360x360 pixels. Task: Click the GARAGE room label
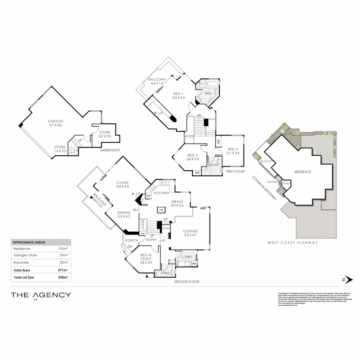click(x=55, y=121)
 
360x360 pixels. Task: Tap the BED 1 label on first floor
click(x=178, y=94)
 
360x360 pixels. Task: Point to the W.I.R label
click(x=158, y=113)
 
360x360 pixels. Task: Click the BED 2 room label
click(x=233, y=149)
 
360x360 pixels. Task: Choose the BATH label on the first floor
click(x=213, y=165)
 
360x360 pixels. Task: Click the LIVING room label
click(x=123, y=182)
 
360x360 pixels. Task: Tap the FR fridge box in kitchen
click(x=161, y=210)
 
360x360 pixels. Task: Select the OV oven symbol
click(x=148, y=196)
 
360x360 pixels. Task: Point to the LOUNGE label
click(x=190, y=231)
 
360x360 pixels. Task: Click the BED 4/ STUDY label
click(x=146, y=256)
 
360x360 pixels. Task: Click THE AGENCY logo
click(x=41, y=295)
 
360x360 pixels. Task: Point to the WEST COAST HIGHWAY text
click(x=293, y=243)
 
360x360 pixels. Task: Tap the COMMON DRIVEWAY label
click(x=264, y=188)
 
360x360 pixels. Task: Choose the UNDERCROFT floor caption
click(x=110, y=150)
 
